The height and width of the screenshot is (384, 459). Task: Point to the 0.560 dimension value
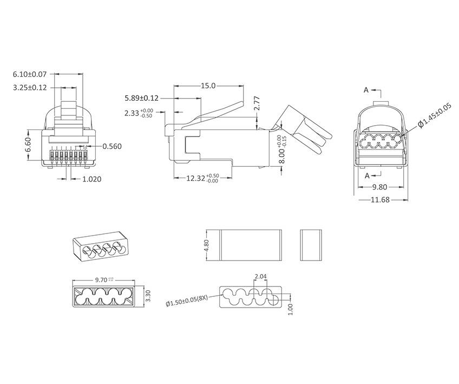pyautogui.click(x=112, y=146)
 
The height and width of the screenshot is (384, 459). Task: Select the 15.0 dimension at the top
pyautogui.click(x=208, y=86)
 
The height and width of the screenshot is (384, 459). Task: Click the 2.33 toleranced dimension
pyautogui.click(x=139, y=113)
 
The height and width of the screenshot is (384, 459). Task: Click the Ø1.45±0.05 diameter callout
pyautogui.click(x=435, y=115)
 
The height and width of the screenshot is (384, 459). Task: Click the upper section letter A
pyautogui.click(x=366, y=90)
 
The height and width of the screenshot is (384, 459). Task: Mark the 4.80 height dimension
pyautogui.click(x=206, y=245)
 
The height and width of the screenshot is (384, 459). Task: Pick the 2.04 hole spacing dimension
pyautogui.click(x=260, y=277)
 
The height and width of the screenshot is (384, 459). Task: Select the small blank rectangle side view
pyautogui.click(x=310, y=245)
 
